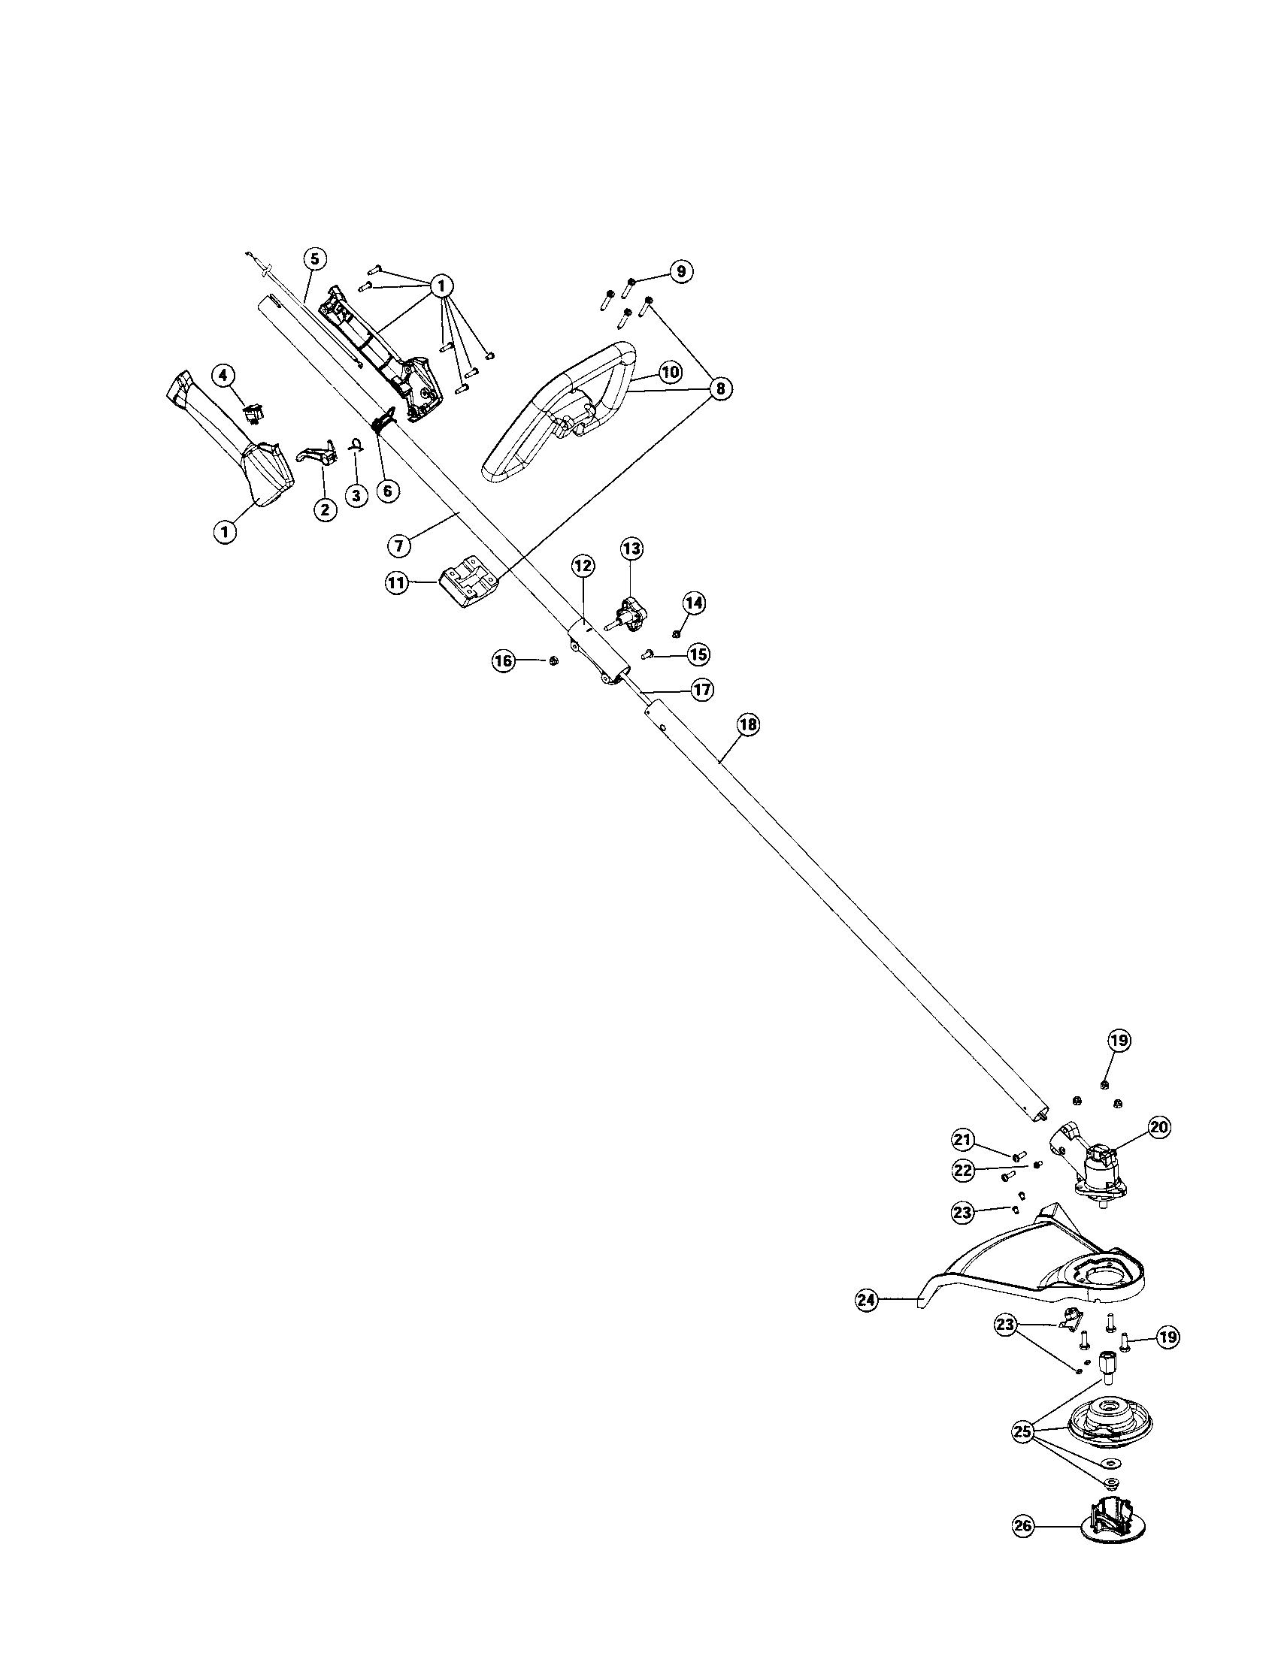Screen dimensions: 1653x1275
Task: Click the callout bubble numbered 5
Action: pos(315,258)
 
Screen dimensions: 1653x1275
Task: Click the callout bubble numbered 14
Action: pos(694,603)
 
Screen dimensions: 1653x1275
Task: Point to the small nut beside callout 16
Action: pos(553,661)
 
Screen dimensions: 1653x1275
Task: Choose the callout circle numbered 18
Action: pos(747,724)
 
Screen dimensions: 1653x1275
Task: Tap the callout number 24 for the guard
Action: pos(866,1301)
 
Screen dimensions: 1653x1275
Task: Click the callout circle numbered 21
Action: pos(962,1160)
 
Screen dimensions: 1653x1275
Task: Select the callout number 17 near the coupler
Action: pos(702,690)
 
